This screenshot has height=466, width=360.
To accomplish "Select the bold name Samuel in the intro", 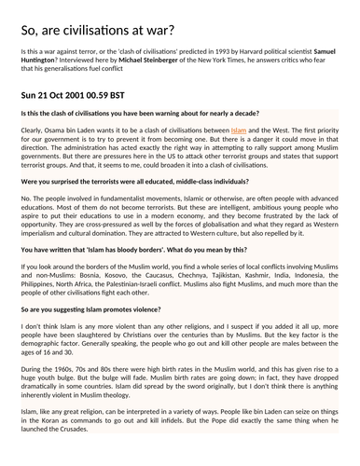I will pos(325,45).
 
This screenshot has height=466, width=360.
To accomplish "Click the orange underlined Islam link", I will pos(239,131).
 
